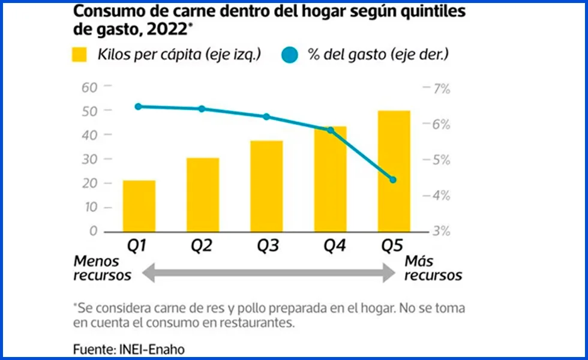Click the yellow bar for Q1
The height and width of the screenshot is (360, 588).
tap(139, 206)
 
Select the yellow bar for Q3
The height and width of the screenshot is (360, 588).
tap(266, 186)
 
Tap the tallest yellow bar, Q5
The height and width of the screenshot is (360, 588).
tap(394, 171)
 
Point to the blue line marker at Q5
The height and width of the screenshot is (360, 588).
tap(394, 179)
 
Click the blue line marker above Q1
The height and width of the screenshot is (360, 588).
tap(139, 107)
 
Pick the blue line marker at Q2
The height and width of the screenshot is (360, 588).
tap(202, 109)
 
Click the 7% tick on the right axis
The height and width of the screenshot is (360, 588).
tap(440, 89)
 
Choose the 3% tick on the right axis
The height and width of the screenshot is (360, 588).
tap(440, 232)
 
